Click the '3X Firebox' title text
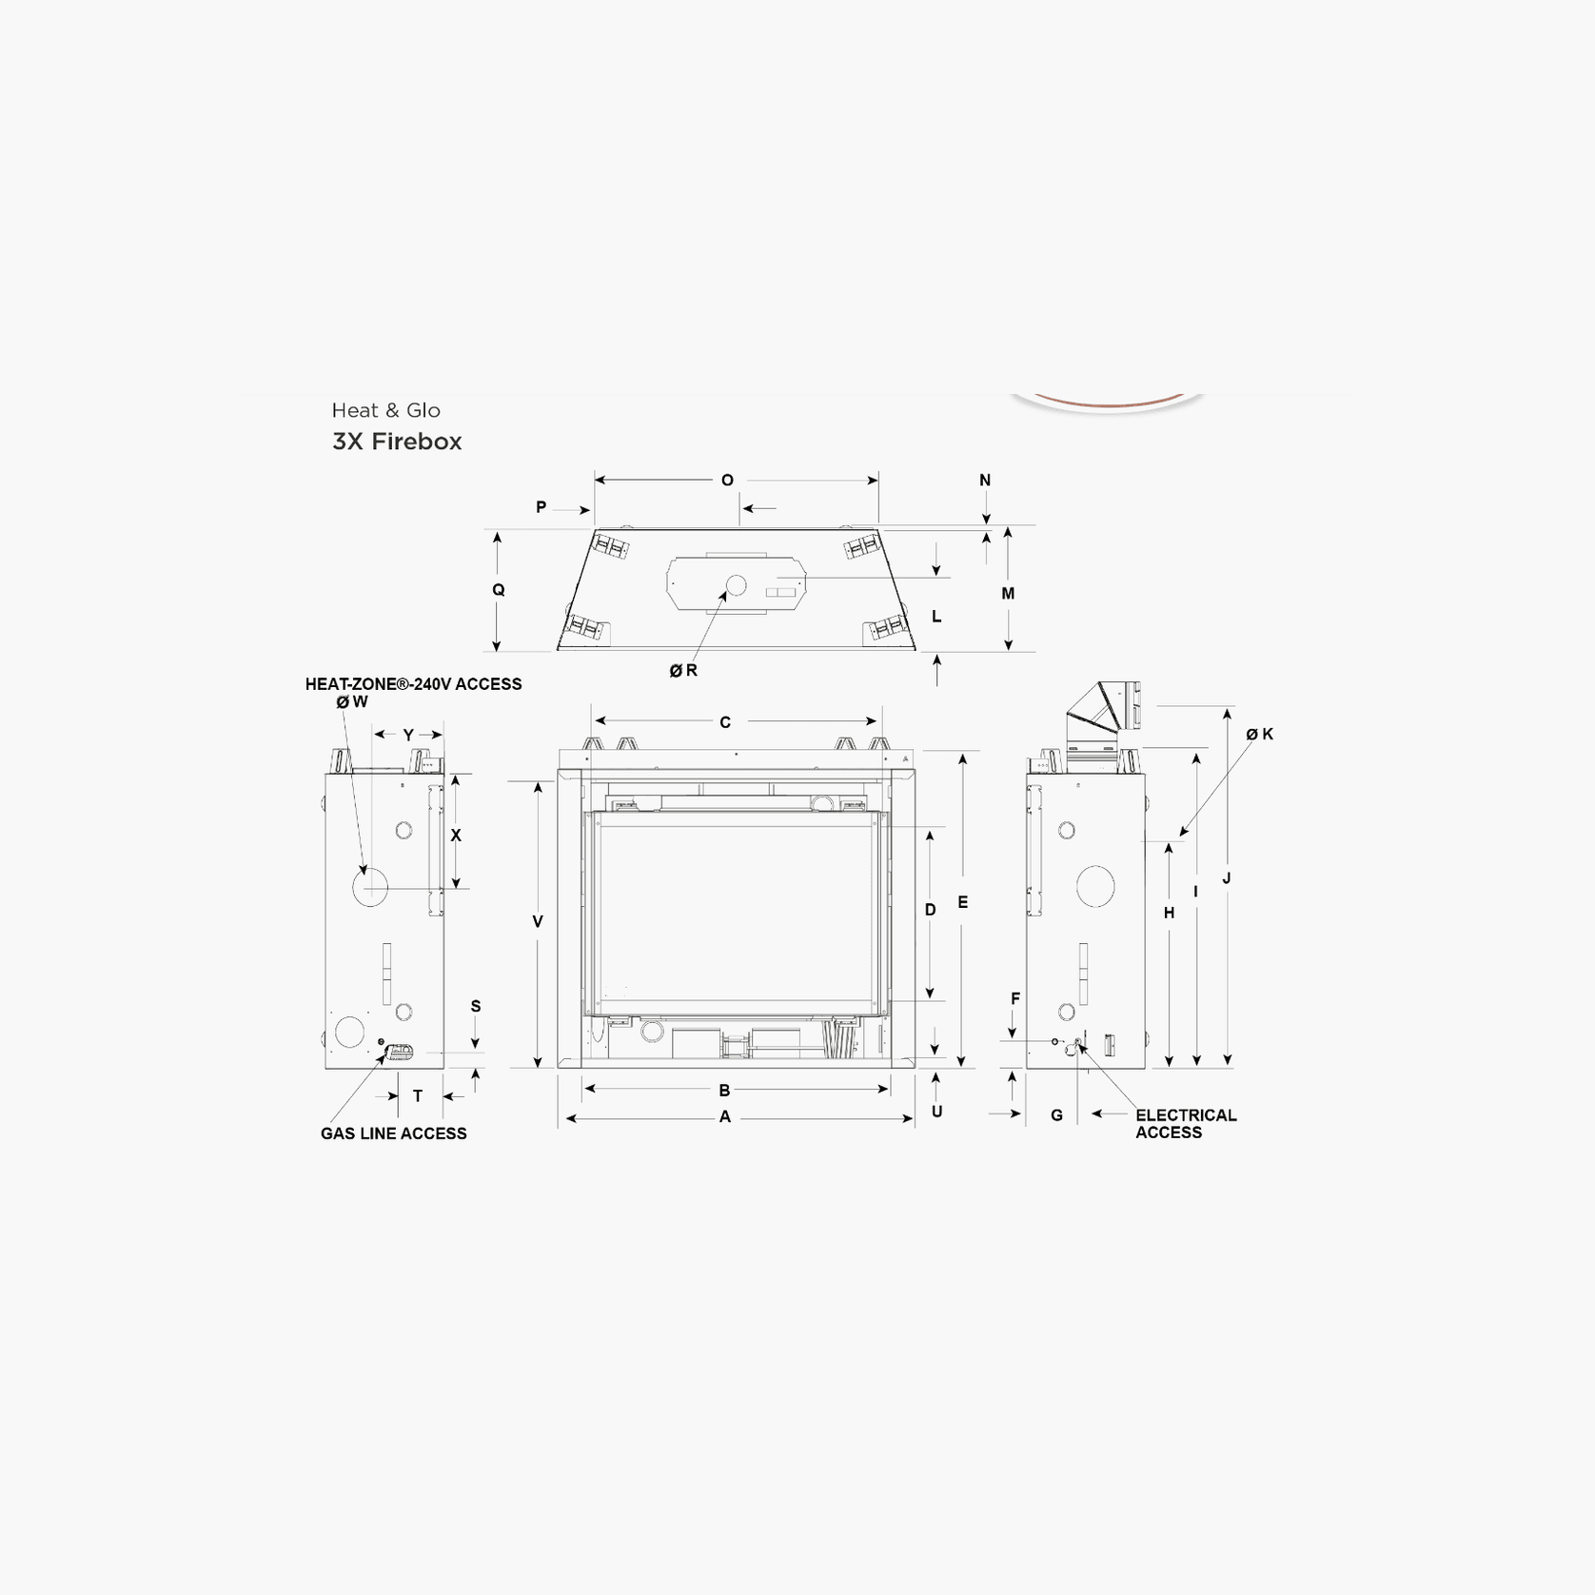pyautogui.click(x=397, y=442)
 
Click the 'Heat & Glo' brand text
pyautogui.click(x=385, y=410)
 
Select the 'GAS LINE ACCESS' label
pyautogui.click(x=393, y=1133)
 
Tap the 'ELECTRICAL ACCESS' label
pyautogui.click(x=1185, y=1124)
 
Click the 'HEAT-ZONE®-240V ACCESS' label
pyautogui.click(x=413, y=684)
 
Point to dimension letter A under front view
pyautogui.click(x=725, y=1117)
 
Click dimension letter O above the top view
pyautogui.click(x=727, y=481)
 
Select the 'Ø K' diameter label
pyautogui.click(x=1259, y=734)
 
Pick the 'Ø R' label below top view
pyautogui.click(x=683, y=671)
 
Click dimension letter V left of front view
pyautogui.click(x=538, y=921)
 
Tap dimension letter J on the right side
pyautogui.click(x=1227, y=878)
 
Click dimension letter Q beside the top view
pyautogui.click(x=498, y=590)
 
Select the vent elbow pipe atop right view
pyautogui.click(x=1104, y=709)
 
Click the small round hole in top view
pyautogui.click(x=736, y=584)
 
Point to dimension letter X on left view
pyautogui.click(x=456, y=836)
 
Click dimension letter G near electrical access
pyautogui.click(x=1056, y=1115)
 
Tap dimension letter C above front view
pyautogui.click(x=725, y=722)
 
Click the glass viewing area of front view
pyautogui.click(x=738, y=912)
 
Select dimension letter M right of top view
pyautogui.click(x=1008, y=594)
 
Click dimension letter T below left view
pyautogui.click(x=418, y=1096)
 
